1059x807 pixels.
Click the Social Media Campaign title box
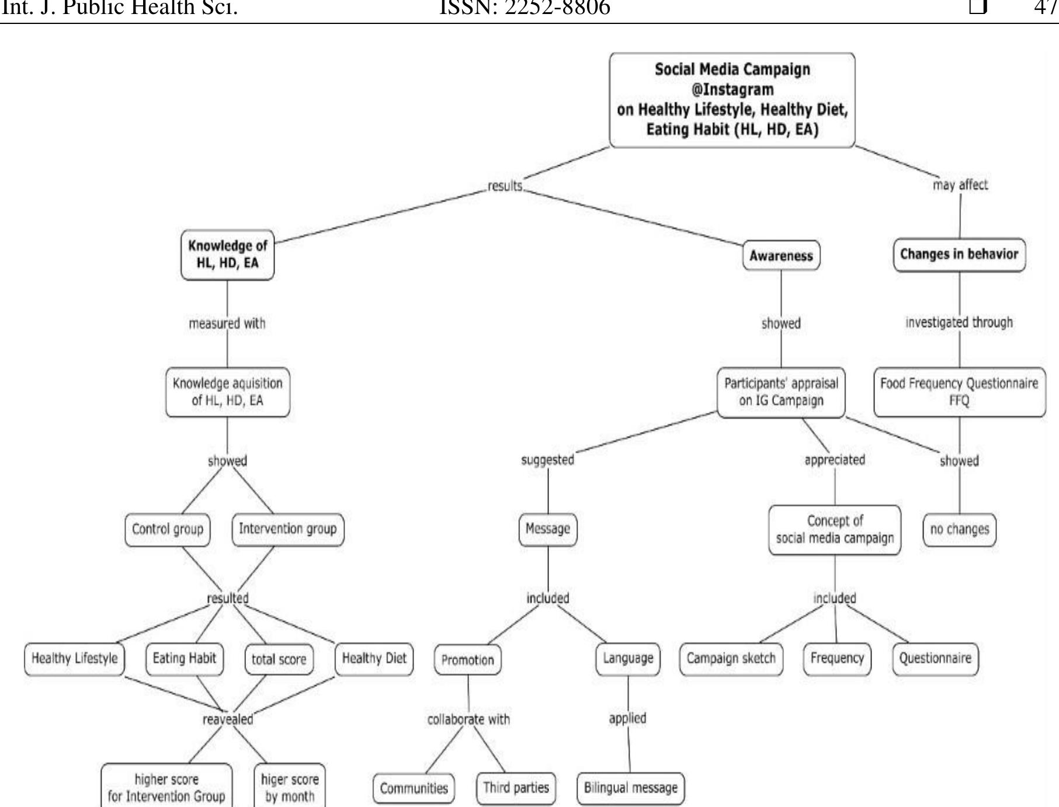click(732, 100)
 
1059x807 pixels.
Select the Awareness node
click(781, 256)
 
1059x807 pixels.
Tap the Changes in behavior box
click(959, 255)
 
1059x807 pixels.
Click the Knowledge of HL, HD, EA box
click(227, 255)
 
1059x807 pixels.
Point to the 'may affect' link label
click(960, 185)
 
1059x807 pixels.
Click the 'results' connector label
click(505, 186)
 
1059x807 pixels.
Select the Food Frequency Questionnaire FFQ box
click(959, 392)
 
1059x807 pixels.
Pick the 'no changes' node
click(959, 530)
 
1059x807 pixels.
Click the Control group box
click(168, 529)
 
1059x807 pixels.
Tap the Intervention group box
click(287, 529)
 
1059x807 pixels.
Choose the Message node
click(547, 529)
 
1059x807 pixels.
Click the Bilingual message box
click(630, 788)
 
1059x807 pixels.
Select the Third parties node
click(516, 788)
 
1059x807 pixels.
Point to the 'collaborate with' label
click(468, 719)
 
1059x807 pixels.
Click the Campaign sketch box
click(731, 659)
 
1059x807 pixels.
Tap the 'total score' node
click(279, 659)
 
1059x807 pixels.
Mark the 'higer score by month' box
click(290, 787)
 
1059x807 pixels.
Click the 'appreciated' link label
click(834, 460)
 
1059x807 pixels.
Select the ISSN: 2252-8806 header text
click(524, 8)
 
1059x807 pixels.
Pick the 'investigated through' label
click(959, 322)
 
